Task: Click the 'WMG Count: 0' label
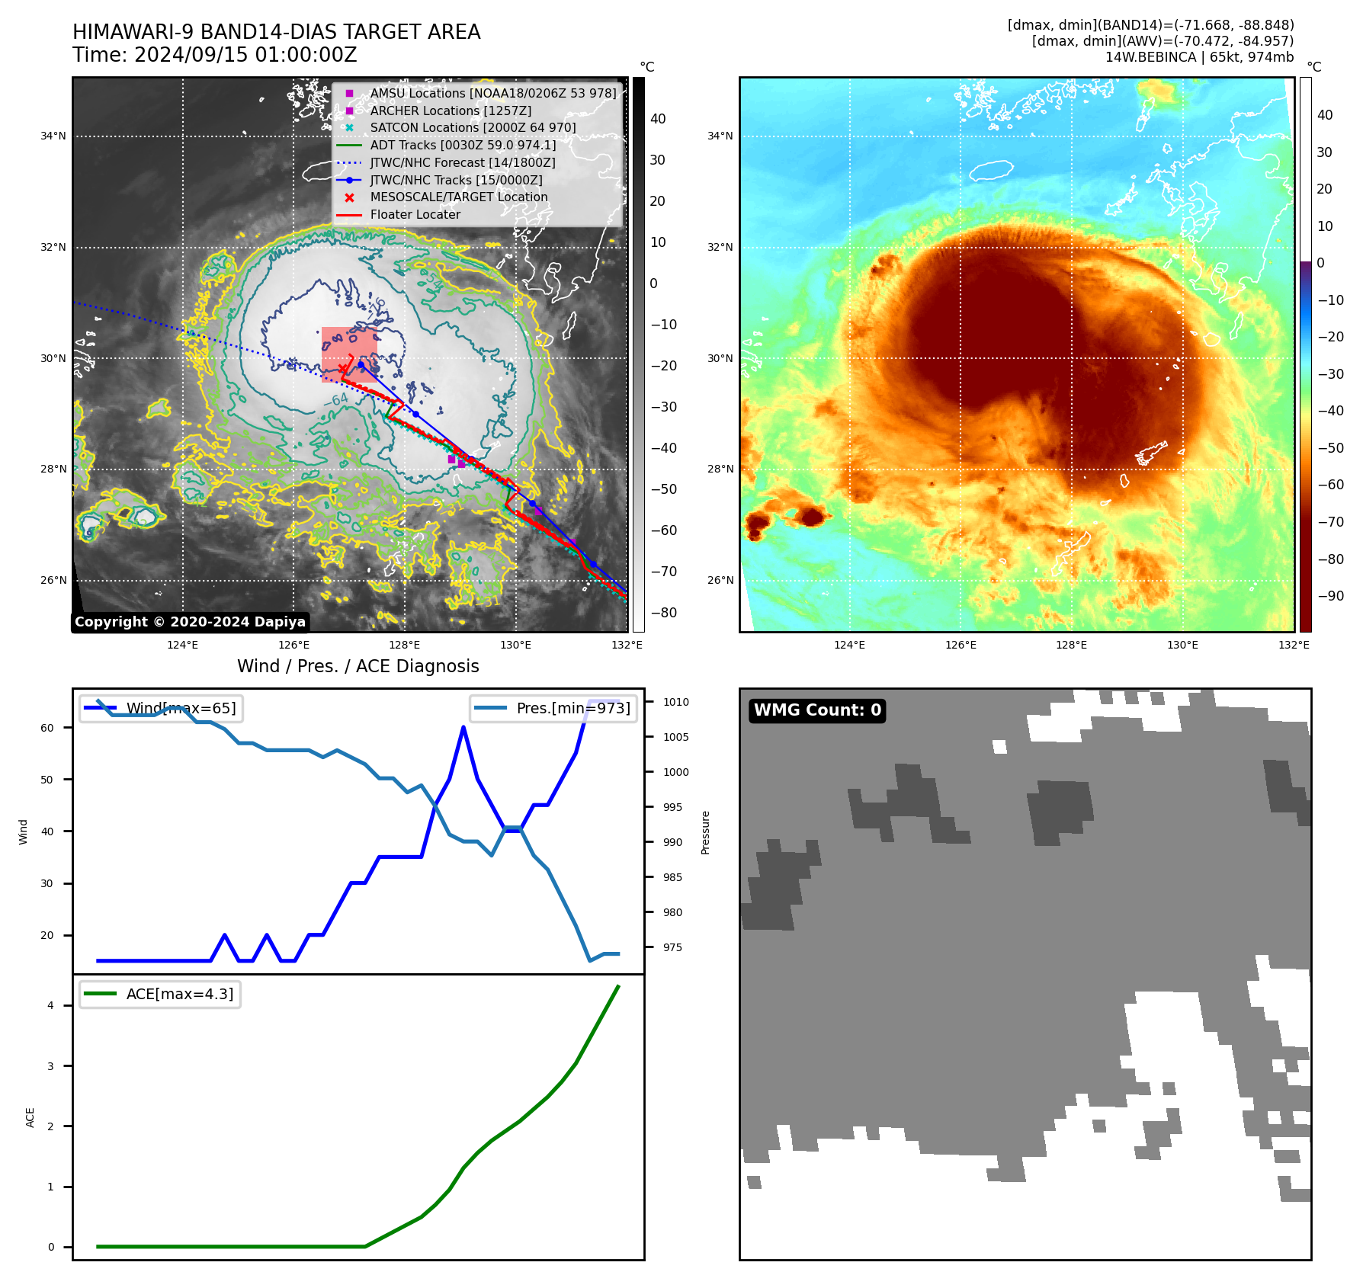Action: pyautogui.click(x=817, y=710)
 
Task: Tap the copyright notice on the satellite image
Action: pyautogui.click(x=190, y=622)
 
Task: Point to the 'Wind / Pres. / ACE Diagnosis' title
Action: pyautogui.click(x=358, y=666)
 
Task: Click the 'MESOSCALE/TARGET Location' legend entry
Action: pyautogui.click(x=459, y=197)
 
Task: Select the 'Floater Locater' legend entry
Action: pyautogui.click(x=415, y=214)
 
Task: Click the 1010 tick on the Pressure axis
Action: pyautogui.click(x=675, y=702)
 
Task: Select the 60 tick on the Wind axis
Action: pyautogui.click(x=47, y=728)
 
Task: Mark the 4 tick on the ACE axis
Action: pyautogui.click(x=51, y=1005)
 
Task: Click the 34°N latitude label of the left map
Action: pyautogui.click(x=53, y=136)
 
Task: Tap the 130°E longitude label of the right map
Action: pyautogui.click(x=1182, y=645)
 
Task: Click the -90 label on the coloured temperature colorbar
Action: pyautogui.click(x=1330, y=596)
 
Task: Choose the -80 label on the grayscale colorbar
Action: pyautogui.click(x=663, y=613)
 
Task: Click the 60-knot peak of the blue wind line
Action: pyautogui.click(x=463, y=727)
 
